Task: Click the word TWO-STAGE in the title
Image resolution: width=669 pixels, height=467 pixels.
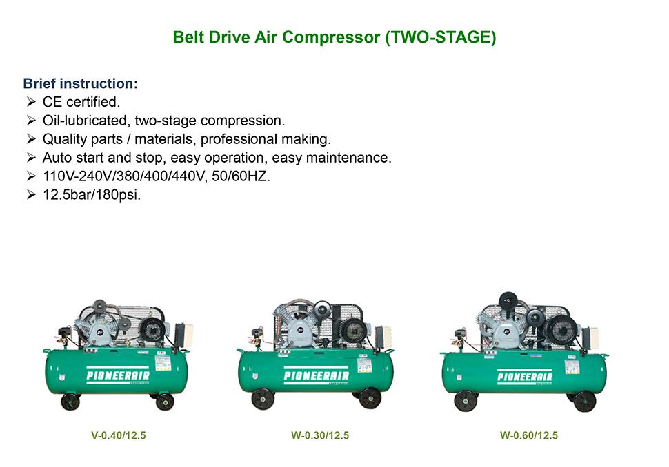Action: pyautogui.click(x=441, y=37)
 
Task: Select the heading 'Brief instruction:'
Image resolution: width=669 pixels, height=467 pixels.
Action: pyautogui.click(x=81, y=83)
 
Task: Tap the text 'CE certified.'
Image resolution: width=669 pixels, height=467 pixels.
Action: pyautogui.click(x=81, y=102)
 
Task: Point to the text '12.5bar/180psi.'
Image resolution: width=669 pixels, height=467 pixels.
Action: pyautogui.click(x=92, y=195)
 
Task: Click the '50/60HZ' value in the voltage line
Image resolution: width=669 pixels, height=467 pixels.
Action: pyautogui.click(x=241, y=176)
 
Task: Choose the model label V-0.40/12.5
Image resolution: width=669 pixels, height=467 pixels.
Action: pyautogui.click(x=118, y=435)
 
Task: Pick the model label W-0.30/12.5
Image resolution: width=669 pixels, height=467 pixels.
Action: pyautogui.click(x=320, y=435)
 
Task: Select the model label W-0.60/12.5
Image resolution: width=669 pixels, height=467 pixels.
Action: pyautogui.click(x=529, y=435)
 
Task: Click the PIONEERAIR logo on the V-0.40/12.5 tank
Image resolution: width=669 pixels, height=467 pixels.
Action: pyautogui.click(x=118, y=375)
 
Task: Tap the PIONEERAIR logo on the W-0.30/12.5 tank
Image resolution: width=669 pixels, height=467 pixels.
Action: pyautogui.click(x=316, y=375)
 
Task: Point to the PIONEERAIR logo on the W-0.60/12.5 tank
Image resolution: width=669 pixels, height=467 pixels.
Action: pyautogui.click(x=525, y=377)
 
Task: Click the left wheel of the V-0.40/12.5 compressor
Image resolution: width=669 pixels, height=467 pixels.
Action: pyautogui.click(x=70, y=402)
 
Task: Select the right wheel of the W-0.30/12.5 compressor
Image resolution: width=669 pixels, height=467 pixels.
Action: pyautogui.click(x=370, y=398)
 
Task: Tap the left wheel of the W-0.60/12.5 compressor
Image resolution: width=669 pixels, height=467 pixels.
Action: pyautogui.click(x=466, y=400)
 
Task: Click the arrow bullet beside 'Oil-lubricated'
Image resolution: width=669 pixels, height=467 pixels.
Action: pyautogui.click(x=31, y=121)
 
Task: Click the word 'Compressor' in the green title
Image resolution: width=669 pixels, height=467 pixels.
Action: pyautogui.click(x=331, y=37)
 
